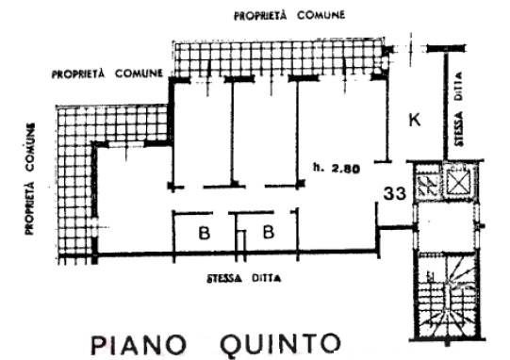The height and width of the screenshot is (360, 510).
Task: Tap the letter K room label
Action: click(x=413, y=119)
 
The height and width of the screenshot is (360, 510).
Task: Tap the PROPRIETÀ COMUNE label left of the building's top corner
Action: click(x=108, y=73)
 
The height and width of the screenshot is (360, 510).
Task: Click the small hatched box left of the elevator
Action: click(x=429, y=183)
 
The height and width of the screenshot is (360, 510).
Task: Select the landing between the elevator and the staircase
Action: click(x=443, y=226)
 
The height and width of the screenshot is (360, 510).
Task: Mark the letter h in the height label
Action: click(x=314, y=170)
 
